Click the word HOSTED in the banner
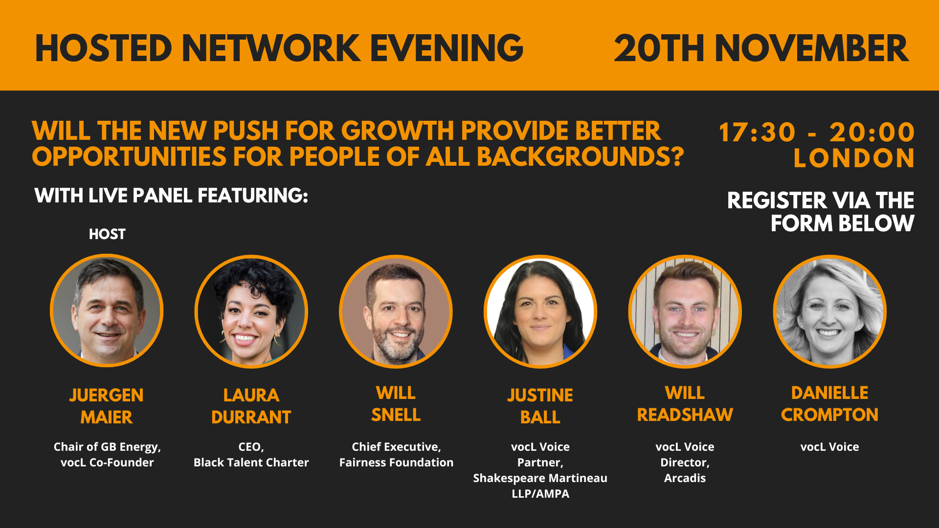[x=104, y=48]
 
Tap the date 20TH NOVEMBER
[x=761, y=48]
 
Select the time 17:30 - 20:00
[x=816, y=132]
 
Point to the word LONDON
[x=854, y=158]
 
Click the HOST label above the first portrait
[x=107, y=234]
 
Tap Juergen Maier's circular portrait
[x=107, y=310]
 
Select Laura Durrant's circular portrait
[x=251, y=311]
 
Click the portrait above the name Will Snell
[x=396, y=311]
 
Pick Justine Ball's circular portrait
[x=540, y=311]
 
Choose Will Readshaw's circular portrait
[x=685, y=311]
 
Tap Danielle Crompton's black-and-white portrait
[x=829, y=311]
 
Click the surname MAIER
[x=107, y=417]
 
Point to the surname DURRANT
[x=251, y=417]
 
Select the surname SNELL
[x=396, y=415]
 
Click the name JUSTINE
[x=540, y=395]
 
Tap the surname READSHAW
[x=685, y=415]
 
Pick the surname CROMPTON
[x=829, y=415]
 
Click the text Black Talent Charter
[x=251, y=462]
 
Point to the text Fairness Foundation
[x=396, y=462]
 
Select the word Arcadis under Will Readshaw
[x=685, y=478]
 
